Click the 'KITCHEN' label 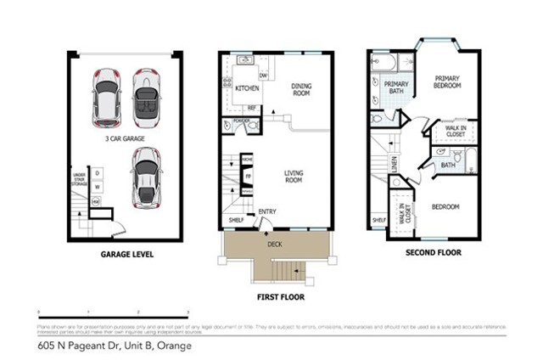[247, 88]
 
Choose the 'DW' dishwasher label [263, 76]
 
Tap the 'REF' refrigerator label [252, 108]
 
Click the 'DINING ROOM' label [302, 89]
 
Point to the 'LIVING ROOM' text [294, 176]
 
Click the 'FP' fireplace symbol [248, 177]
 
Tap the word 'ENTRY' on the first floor [267, 212]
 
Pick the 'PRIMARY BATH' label [396, 88]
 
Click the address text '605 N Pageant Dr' [81, 346]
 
